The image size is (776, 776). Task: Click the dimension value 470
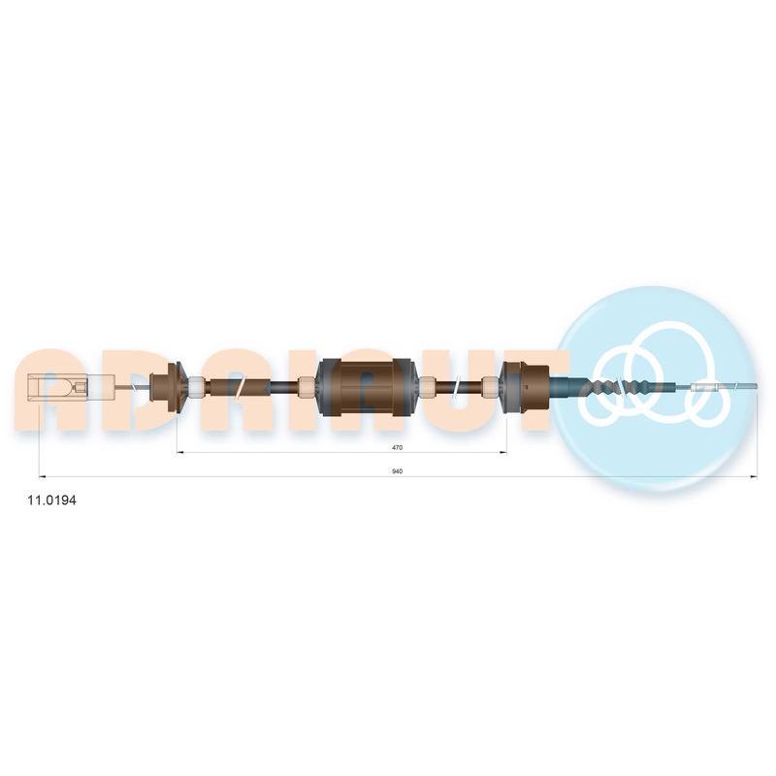[x=397, y=447]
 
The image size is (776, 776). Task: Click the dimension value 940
[x=397, y=471]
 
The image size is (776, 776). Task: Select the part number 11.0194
[x=52, y=501]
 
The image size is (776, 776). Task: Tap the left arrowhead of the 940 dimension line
[x=42, y=477]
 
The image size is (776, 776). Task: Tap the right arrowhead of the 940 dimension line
[x=755, y=477]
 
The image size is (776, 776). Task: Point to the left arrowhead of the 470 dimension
[x=180, y=452]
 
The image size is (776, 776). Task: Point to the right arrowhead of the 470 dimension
[x=503, y=452]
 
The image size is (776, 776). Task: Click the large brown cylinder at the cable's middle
[x=367, y=386]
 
